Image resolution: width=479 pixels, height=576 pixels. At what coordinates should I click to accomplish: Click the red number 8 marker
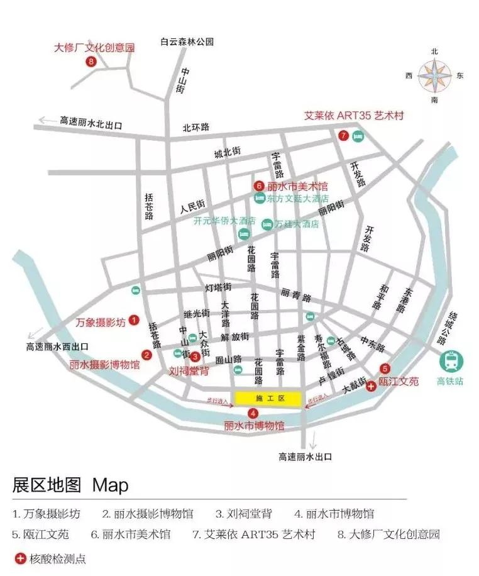92,62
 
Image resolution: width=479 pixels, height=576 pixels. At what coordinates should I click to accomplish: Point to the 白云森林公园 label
187,42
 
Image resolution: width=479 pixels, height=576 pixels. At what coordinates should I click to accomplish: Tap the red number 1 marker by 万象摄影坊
133,321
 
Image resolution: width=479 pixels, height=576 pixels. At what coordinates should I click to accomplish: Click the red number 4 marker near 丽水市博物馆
253,413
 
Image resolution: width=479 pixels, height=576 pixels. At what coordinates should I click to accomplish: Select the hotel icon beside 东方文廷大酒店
259,199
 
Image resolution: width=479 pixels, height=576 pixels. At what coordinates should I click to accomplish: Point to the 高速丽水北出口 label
91,121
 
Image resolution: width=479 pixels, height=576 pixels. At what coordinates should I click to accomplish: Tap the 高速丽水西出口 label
57,346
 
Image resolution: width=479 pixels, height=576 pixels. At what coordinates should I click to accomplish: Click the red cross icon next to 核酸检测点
20,558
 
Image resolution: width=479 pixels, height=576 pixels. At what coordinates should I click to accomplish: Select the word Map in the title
110,485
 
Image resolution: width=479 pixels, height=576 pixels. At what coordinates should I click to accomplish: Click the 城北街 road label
227,153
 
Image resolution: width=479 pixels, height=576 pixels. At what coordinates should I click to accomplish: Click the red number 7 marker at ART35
343,135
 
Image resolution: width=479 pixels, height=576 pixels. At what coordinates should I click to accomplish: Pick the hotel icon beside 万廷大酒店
267,224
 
